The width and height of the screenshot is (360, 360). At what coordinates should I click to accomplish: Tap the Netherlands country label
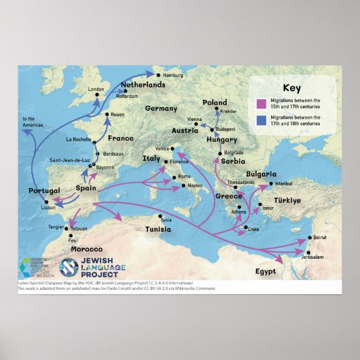[x=143, y=85]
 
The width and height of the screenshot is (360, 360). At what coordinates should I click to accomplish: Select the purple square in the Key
[x=259, y=103]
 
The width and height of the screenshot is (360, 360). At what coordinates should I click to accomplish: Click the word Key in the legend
[x=291, y=88]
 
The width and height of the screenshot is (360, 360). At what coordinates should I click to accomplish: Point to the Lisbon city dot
[x=47, y=202]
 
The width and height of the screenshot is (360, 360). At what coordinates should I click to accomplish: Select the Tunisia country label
[x=162, y=230]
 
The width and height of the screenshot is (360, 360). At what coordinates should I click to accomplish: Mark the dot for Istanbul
[x=271, y=183]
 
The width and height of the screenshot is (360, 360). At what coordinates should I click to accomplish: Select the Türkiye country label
[x=292, y=200]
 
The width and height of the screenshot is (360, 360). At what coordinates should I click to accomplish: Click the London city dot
[x=96, y=95]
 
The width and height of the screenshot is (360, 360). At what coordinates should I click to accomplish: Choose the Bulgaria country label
[x=261, y=174]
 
